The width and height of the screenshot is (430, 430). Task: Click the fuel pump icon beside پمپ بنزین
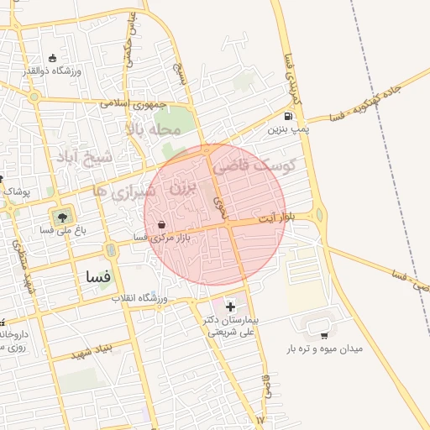tap(289, 117)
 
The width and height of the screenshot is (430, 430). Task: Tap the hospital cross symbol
tap(231, 307)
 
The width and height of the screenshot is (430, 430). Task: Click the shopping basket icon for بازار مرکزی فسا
tap(160, 225)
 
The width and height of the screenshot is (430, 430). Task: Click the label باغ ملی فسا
tap(60, 228)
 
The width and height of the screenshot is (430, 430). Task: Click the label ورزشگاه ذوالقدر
tap(76, 71)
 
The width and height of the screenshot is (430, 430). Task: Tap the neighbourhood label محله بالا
tap(154, 129)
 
